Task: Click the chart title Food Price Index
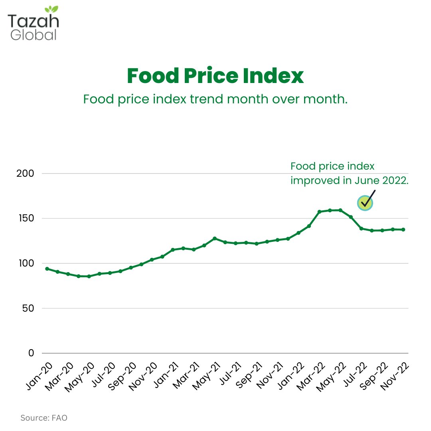pos(215,76)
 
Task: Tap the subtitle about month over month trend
pos(215,99)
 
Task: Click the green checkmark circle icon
pos(364,203)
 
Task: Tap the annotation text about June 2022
pos(349,173)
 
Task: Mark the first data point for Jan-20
pos(47,269)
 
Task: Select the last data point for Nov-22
pos(403,229)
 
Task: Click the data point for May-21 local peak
pos(215,238)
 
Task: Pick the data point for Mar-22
pos(319,212)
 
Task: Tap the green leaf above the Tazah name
pos(51,9)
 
